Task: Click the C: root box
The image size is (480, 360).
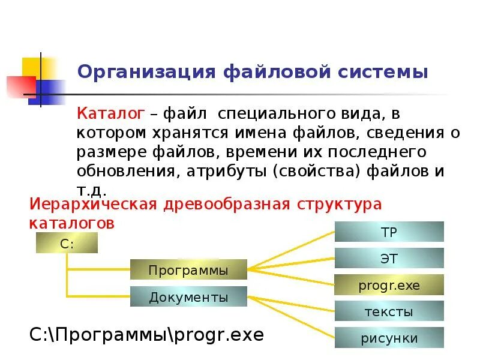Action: tap(67, 243)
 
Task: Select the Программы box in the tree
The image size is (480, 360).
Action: tap(188, 270)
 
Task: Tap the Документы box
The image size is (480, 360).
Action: tap(188, 296)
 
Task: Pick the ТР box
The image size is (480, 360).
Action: tap(389, 232)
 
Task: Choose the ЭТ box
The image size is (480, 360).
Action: tap(389, 259)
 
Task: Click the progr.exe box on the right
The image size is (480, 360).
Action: tap(389, 285)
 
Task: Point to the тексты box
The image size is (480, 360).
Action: tap(389, 311)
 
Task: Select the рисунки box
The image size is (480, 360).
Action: tap(389, 338)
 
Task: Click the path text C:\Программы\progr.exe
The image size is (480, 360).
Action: tap(147, 334)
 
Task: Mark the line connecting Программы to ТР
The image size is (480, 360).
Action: tap(291, 250)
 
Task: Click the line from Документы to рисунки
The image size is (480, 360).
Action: tap(291, 317)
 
